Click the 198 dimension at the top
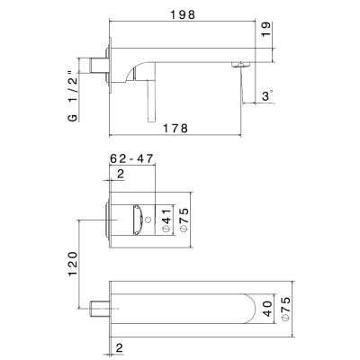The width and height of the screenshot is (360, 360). pos(183,14)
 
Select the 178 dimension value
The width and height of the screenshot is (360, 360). pos(175,128)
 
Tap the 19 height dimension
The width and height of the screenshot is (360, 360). pos(265,29)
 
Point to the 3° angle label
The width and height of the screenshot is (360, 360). pos(267,96)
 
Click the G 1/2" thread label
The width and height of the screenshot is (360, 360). pos(73,96)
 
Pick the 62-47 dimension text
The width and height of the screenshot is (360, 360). pos(131,158)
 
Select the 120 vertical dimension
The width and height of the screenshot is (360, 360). pos(73,264)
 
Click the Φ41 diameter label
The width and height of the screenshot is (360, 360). pos(167,220)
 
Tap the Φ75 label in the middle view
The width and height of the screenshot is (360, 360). pos(184,220)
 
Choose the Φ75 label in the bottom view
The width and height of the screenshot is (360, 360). pos(285,309)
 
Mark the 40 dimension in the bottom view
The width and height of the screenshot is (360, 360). pos(268,309)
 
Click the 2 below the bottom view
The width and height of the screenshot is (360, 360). pos(120,348)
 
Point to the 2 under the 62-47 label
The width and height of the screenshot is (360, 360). pos(121,174)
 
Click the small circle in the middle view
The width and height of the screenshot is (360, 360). pos(148,220)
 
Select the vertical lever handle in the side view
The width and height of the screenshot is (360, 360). pos(152,102)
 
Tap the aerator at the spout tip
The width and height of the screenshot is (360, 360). pos(240,65)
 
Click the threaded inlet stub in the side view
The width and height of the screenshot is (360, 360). pos(98,66)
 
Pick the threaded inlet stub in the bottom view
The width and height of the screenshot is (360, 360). pos(98,309)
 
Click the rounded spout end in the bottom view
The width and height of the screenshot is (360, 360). pos(250,309)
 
